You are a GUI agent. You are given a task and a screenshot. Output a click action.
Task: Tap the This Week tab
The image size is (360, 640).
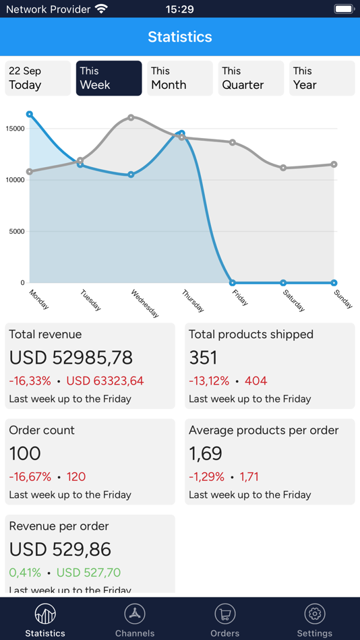[109, 78]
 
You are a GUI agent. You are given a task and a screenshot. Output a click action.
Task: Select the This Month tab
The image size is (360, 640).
[180, 78]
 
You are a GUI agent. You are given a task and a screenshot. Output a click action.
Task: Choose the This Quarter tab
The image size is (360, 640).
[251, 78]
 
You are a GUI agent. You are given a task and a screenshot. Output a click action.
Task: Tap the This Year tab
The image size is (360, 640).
[322, 78]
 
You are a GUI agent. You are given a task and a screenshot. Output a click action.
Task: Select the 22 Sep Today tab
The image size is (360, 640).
[38, 78]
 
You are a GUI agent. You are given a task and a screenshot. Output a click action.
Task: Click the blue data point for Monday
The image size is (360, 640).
[30, 115]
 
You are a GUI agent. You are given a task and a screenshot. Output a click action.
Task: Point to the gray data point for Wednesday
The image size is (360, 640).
[131, 117]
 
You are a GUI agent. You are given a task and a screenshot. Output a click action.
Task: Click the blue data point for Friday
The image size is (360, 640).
[233, 283]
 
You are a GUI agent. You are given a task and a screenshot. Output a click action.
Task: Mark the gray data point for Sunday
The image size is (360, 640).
[334, 164]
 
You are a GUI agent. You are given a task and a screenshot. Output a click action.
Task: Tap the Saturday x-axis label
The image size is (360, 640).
[293, 300]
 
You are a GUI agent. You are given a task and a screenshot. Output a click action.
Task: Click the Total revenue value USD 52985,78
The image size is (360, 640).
[71, 357]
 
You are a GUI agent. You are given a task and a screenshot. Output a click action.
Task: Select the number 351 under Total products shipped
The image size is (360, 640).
[203, 357]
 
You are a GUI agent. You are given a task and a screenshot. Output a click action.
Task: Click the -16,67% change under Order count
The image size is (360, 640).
[30, 477]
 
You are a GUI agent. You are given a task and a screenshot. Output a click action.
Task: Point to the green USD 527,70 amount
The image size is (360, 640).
[88, 573]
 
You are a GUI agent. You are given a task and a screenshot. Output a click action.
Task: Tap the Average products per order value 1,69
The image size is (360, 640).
[206, 453]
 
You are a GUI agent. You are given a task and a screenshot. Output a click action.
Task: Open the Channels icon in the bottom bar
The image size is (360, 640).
[135, 614]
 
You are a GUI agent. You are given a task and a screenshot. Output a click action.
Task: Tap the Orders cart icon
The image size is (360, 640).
[224, 614]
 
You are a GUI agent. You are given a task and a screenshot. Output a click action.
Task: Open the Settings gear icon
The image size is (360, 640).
[315, 614]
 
